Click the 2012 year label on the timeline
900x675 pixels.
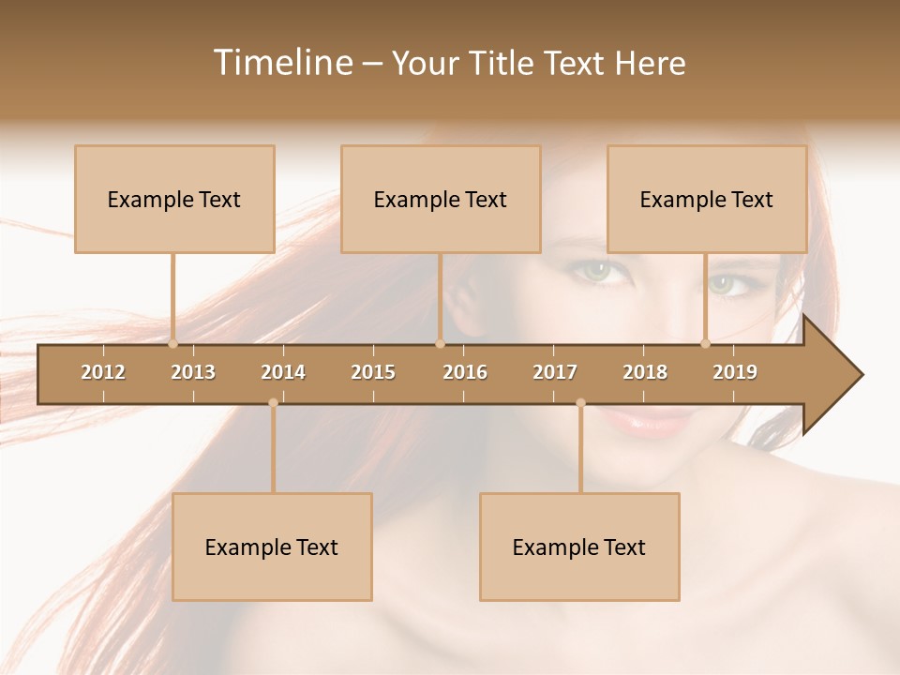[103, 372]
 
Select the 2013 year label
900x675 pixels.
[193, 372]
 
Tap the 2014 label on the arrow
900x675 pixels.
[283, 372]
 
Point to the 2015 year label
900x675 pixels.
[373, 372]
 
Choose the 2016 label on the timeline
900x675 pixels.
[465, 372]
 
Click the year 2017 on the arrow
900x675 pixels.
[555, 372]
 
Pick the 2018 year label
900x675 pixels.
[645, 372]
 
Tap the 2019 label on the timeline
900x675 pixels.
[735, 372]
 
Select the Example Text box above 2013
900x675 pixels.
[174, 199]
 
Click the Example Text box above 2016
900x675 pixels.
[441, 199]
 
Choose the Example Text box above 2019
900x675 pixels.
[707, 199]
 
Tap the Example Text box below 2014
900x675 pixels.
[272, 547]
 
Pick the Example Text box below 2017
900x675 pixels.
[579, 547]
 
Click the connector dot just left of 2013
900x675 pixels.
[172, 343]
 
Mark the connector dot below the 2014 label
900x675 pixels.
[273, 403]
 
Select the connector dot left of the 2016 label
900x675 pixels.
[440, 343]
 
